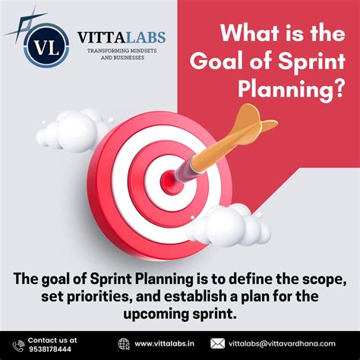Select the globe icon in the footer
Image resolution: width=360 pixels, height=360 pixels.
click(x=125, y=343)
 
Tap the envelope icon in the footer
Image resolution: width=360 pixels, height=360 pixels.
click(x=218, y=343)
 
